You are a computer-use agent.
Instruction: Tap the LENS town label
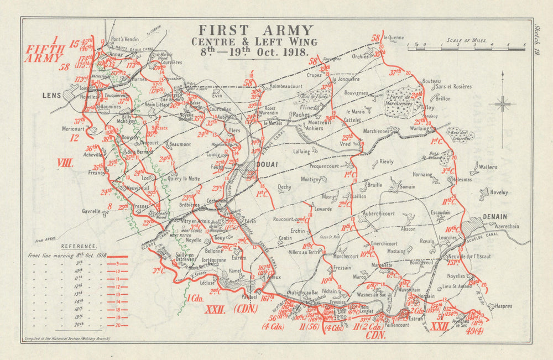click(x=52, y=95)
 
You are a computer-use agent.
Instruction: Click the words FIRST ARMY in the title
click(x=255, y=30)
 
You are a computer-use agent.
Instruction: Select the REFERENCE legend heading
click(x=79, y=246)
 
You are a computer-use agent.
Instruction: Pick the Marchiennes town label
click(x=378, y=131)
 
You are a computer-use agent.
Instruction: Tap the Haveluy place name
click(x=498, y=192)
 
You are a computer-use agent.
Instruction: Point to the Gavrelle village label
click(x=92, y=211)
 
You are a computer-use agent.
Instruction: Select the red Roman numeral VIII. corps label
click(x=66, y=163)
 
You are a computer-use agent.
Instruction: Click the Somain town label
click(x=408, y=187)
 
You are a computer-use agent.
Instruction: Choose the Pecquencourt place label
click(x=327, y=165)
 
